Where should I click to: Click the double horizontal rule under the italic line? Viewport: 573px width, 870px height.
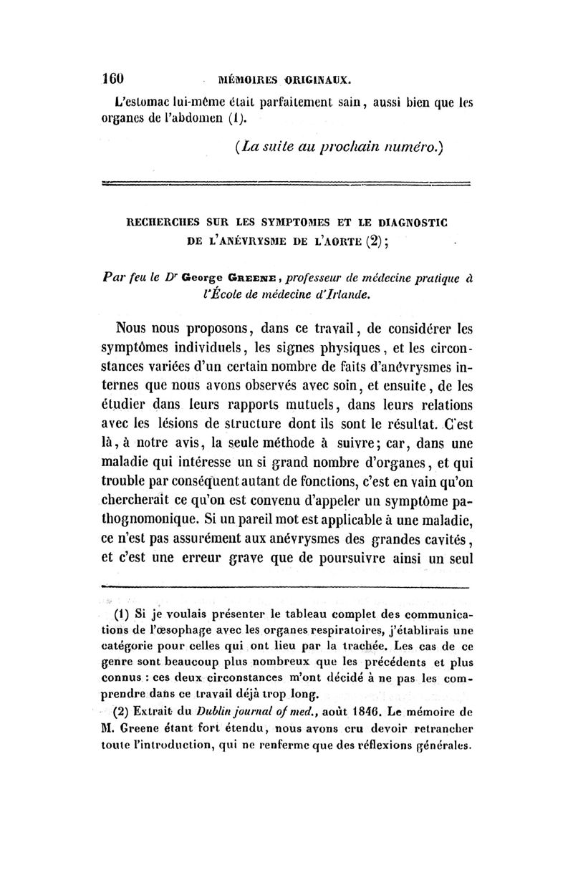(286, 187)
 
